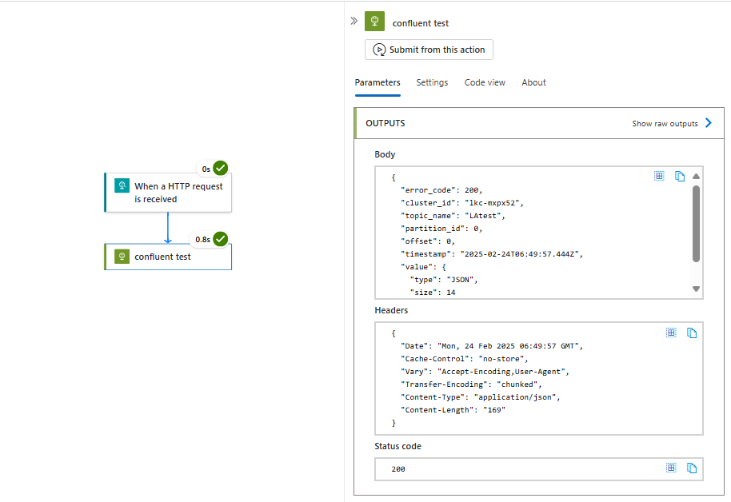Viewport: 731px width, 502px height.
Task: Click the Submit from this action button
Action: (429, 50)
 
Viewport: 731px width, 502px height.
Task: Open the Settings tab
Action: (432, 82)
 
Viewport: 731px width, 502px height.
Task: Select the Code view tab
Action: (485, 82)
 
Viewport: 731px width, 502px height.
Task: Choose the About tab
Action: (533, 82)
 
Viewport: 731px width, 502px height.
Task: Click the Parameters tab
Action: (377, 82)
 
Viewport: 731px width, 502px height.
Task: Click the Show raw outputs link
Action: (672, 124)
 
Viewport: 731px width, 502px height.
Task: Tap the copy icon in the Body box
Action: (680, 176)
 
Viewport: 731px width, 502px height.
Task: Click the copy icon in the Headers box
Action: (692, 333)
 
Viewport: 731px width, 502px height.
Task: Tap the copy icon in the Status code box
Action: (692, 468)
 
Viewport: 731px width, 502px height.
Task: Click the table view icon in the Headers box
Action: (671, 333)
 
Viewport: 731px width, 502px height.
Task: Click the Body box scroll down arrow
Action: (696, 289)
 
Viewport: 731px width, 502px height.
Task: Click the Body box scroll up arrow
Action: (696, 176)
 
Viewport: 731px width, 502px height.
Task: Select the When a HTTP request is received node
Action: (168, 193)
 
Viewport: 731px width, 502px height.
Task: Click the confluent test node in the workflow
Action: (168, 257)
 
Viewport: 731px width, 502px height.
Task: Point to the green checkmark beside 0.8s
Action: (221, 239)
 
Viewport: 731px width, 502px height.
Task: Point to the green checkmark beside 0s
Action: (221, 168)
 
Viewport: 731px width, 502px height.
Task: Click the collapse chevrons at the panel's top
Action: (354, 21)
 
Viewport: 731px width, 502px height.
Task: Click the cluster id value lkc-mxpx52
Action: (493, 203)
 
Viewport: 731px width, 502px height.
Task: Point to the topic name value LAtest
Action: (485, 216)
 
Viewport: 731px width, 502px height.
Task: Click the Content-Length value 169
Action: (494, 410)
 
